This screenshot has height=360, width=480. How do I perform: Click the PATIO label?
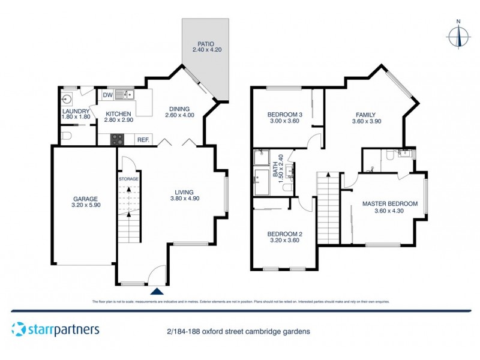pos(206,44)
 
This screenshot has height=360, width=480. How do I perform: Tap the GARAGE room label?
pos(85,199)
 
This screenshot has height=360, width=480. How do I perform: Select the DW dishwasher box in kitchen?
pos(107,95)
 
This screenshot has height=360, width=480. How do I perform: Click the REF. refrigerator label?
pos(143,140)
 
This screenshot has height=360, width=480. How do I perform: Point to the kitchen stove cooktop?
pos(117,139)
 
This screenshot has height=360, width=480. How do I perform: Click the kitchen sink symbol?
pos(125,94)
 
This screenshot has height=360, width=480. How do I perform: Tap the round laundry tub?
pos(67,98)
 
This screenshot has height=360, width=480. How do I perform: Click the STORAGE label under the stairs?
pos(128,179)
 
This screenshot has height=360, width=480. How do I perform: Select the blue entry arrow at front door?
pos(157,291)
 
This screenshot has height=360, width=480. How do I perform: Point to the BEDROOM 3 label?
pos(285,115)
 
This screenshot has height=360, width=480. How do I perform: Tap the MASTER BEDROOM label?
pos(389,203)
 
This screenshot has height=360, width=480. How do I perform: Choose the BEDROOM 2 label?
pos(285,233)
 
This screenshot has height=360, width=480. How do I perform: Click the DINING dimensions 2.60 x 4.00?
pos(179,115)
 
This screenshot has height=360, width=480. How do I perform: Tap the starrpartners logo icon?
pos(19,329)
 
